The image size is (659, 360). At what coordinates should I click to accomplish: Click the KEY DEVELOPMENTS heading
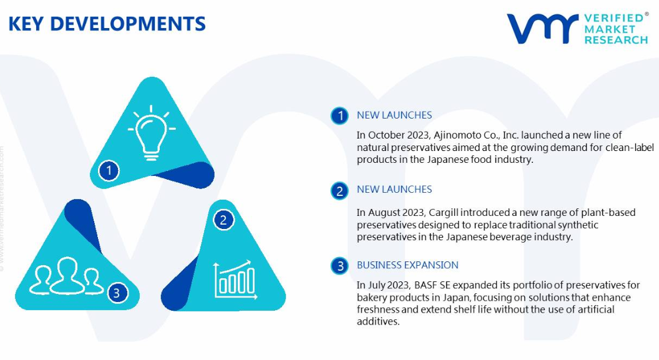107,24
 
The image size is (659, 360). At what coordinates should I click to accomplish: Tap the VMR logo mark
542,29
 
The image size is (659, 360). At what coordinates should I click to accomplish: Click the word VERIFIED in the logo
613,18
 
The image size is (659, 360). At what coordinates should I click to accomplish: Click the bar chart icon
235,280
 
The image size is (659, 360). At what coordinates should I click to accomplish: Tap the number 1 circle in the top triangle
109,170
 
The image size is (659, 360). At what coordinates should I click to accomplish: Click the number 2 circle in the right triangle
223,220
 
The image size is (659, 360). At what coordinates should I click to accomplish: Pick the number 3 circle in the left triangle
117,293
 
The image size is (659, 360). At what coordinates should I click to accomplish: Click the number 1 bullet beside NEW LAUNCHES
339,115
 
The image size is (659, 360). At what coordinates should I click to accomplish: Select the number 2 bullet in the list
339,191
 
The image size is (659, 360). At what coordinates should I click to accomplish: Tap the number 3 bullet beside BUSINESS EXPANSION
339,266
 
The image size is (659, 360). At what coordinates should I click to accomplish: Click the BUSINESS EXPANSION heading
408,265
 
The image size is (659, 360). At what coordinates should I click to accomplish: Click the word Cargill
444,213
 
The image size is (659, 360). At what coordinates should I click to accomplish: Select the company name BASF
426,285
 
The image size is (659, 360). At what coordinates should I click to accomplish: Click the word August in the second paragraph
384,213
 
